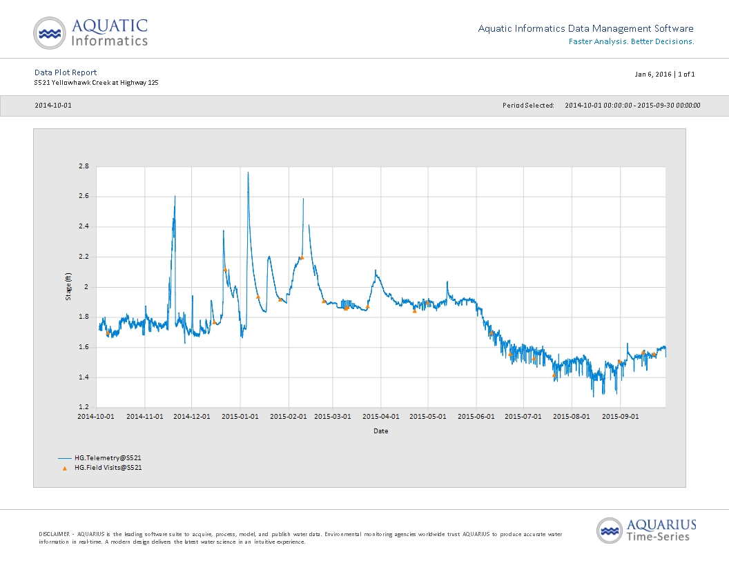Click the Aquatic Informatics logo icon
[49, 33]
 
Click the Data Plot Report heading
[66, 72]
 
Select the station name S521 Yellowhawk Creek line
[96, 83]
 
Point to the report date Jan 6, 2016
[653, 74]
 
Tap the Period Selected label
[528, 106]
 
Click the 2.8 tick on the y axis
[84, 166]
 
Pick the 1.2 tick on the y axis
[84, 407]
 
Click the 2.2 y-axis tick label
[84, 257]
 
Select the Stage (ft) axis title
[68, 286]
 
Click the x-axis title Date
[381, 431]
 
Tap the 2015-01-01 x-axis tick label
[240, 416]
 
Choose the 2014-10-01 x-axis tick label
[96, 416]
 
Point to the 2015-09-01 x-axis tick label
[620, 416]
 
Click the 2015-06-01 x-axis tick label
[476, 416]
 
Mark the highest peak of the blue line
[248, 172]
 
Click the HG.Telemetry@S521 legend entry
[108, 458]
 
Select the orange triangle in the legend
[65, 468]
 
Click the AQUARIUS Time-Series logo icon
[609, 531]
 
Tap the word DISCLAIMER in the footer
[55, 534]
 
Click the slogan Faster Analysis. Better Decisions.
[632, 41]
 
